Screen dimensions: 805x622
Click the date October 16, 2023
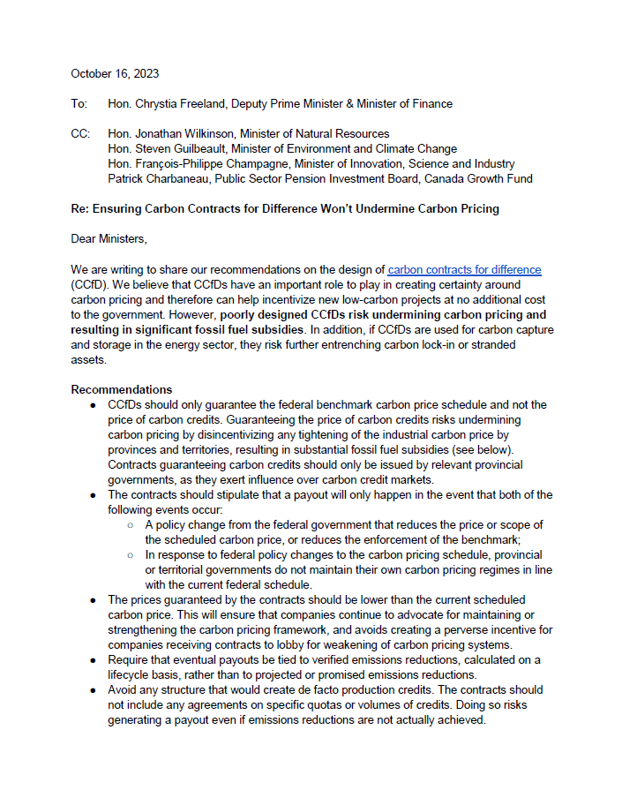[115, 74]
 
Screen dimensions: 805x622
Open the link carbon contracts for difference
[464, 270]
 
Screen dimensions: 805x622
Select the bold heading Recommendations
[122, 389]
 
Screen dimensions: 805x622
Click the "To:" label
[79, 104]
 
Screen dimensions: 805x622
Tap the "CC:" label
[80, 134]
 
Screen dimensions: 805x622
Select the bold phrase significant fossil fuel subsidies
[189, 329]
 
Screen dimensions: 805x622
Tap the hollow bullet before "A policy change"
[130, 524]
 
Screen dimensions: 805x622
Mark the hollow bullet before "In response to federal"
[130, 554]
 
